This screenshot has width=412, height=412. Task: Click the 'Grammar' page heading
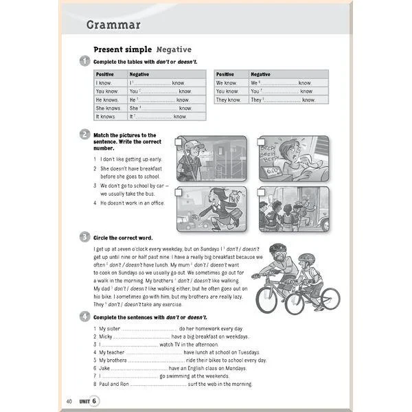113,25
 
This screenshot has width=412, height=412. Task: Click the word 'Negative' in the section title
174,49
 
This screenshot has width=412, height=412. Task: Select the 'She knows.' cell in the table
108,108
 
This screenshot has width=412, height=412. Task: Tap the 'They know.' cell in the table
229,100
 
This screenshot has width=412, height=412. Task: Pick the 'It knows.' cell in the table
106,117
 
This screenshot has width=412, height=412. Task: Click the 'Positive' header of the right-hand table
225,74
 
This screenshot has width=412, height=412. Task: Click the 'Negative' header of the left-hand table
139,74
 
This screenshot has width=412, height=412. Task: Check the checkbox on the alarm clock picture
262,142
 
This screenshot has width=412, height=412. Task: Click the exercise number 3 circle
84,236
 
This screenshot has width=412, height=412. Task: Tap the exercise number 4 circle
84,317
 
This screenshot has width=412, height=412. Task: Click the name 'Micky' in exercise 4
106,337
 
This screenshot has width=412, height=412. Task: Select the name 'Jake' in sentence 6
105,368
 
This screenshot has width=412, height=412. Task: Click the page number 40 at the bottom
69,400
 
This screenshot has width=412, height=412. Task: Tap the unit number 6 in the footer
95,400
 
